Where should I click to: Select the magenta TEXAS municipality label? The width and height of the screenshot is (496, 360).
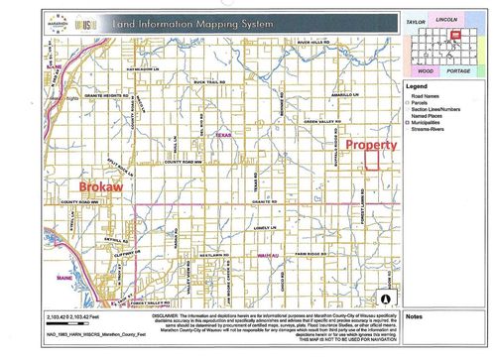point(222,136)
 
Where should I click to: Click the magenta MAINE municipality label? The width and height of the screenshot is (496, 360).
point(66,278)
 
